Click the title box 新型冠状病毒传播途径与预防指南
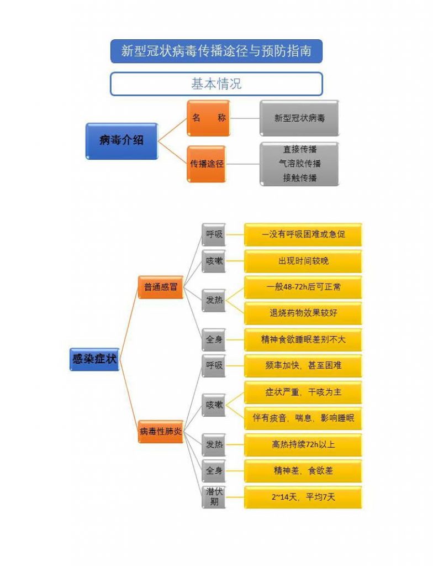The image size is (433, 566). coord(216,51)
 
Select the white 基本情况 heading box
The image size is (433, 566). coord(216,84)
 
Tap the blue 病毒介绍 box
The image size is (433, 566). coord(122,140)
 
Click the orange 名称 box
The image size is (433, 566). coord(208,118)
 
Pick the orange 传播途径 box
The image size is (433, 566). coord(207,164)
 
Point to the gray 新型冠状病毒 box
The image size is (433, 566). coord(299,118)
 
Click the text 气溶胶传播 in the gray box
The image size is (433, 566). coord(299,164)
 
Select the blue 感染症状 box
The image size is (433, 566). coord(94,359)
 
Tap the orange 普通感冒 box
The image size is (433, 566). coord(160,287)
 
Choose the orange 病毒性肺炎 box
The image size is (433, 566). coord(160,431)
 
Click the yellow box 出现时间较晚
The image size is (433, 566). coord(303,261)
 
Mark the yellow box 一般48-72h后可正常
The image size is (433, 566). coord(303,287)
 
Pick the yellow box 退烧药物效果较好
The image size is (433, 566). coord(303,313)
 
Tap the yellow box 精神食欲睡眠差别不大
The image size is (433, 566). coord(303,339)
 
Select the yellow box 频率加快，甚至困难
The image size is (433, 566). coord(303,365)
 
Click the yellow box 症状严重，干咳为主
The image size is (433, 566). coord(303,392)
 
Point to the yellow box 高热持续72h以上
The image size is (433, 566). coord(303,444)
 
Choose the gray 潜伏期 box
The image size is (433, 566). coord(214,497)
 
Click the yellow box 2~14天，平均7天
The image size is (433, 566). coord(303,497)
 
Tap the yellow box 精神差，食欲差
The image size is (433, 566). coord(303,471)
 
